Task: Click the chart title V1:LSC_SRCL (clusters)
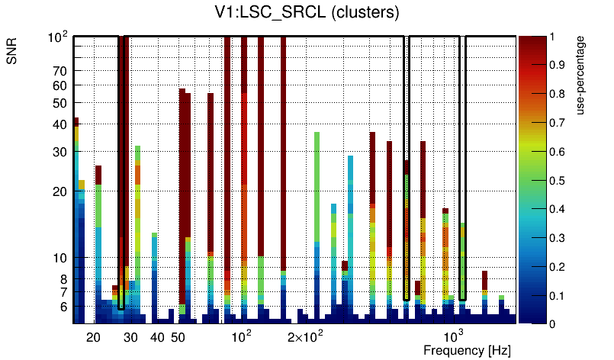(306, 13)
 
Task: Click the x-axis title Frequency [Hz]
(467, 350)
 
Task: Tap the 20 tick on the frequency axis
(93, 337)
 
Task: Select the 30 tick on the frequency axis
(131, 337)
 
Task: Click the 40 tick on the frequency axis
(158, 337)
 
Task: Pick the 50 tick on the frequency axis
(178, 337)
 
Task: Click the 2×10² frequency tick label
(305, 337)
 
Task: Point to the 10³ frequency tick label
(454, 336)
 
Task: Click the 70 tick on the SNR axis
(60, 72)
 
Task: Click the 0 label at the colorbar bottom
(552, 323)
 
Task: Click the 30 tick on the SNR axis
(60, 152)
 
